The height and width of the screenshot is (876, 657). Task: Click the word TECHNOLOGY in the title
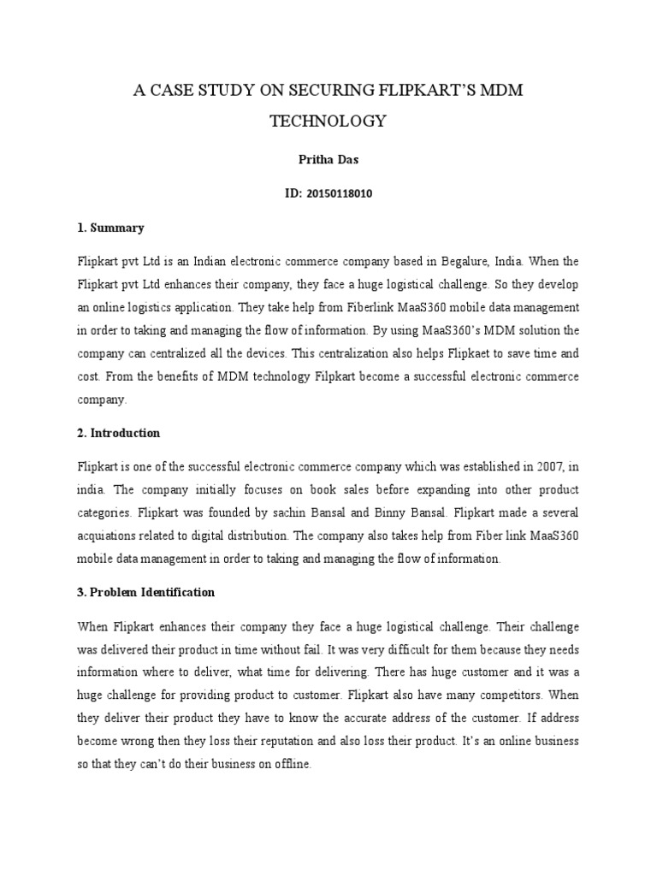[x=328, y=121]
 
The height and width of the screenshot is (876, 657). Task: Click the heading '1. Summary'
[x=110, y=228]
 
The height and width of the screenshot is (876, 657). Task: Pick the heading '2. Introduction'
[x=119, y=433]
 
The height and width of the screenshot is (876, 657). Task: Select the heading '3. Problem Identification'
[x=146, y=592]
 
